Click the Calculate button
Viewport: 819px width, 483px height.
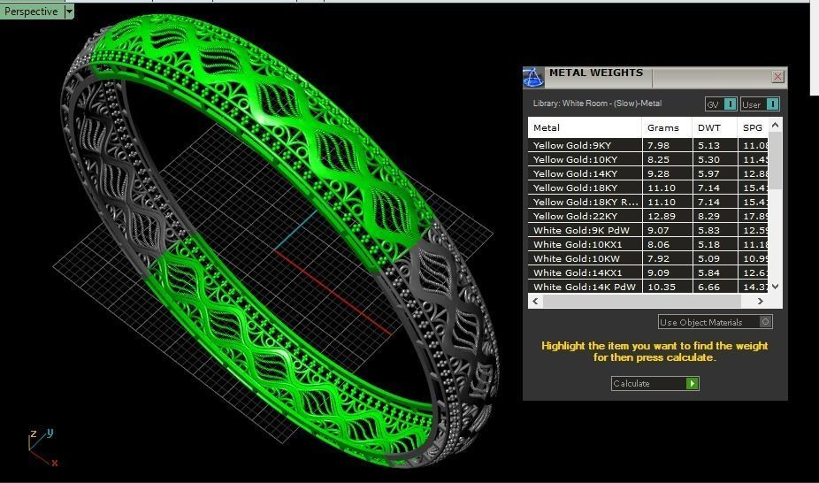pos(654,383)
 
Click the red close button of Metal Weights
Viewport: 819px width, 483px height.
pos(777,77)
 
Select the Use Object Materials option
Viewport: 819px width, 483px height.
pos(715,322)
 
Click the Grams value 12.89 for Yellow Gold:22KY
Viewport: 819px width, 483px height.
pos(661,216)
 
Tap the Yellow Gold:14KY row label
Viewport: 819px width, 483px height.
pos(575,173)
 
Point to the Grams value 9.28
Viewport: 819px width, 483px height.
pos(658,173)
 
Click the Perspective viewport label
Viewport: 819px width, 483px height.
pos(31,11)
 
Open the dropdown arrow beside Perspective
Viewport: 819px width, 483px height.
pos(69,11)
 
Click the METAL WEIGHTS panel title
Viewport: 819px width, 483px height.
pos(595,73)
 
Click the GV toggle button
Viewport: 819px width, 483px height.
pos(720,104)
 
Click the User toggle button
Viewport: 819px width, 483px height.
pos(759,104)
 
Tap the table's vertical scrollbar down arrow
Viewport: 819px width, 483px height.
pos(776,286)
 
